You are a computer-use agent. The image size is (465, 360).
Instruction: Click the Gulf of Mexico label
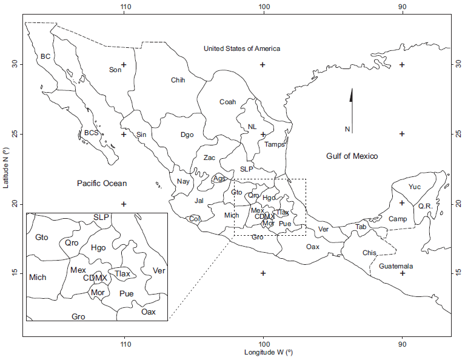pyautogui.click(x=352, y=156)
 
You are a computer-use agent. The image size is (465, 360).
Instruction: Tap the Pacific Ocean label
pyautogui.click(x=102, y=183)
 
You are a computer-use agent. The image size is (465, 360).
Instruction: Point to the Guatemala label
pyautogui.click(x=396, y=266)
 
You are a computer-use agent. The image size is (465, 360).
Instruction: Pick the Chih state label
pyautogui.click(x=178, y=80)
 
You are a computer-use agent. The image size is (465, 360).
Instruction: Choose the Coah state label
pyautogui.click(x=227, y=102)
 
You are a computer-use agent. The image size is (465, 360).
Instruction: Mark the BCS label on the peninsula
pyautogui.click(x=92, y=132)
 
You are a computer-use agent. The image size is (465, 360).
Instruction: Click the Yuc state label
pyautogui.click(x=415, y=187)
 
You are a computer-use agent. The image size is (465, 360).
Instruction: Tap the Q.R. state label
pyautogui.click(x=424, y=206)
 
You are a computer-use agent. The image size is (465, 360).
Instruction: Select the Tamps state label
pyautogui.click(x=274, y=144)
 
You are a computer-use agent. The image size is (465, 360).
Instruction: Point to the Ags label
pyautogui.click(x=219, y=179)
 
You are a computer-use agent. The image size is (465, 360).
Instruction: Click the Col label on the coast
pyautogui.click(x=194, y=219)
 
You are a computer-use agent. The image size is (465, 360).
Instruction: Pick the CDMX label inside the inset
pyautogui.click(x=95, y=278)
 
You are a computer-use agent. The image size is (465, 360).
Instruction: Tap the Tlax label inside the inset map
pyautogui.click(x=122, y=273)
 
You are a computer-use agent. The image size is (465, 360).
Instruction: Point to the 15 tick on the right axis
pyautogui.click(x=458, y=273)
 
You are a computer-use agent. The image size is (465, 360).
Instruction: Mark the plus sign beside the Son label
pyautogui.click(x=124, y=65)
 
